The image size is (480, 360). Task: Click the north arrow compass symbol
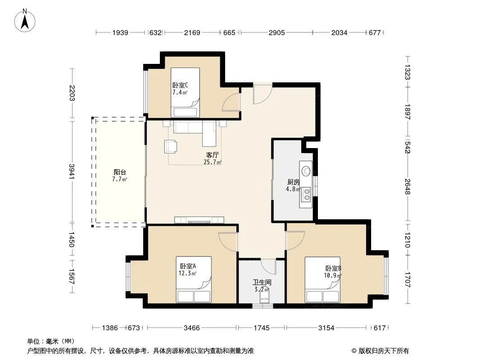click(25, 21)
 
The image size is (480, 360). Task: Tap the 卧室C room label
click(180, 85)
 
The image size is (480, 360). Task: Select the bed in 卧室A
click(194, 279)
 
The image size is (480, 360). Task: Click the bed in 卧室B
click(323, 279)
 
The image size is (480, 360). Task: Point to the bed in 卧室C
click(185, 92)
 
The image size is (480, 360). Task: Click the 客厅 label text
click(213, 155)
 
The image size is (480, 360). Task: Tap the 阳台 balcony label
click(120, 172)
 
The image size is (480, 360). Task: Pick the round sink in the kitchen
click(305, 171)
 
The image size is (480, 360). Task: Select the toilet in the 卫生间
click(264, 297)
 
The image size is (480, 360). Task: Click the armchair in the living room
click(171, 146)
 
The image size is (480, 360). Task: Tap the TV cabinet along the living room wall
click(199, 220)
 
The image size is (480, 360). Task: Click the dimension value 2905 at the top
click(277, 33)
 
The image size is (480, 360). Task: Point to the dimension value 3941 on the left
click(72, 172)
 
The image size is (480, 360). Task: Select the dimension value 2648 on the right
click(407, 187)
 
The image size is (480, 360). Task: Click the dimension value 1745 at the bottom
click(262, 328)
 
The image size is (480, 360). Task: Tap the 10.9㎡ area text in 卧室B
click(333, 275)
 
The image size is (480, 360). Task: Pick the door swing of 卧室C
click(231, 102)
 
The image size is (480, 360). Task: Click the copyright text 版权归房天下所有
click(384, 351)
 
